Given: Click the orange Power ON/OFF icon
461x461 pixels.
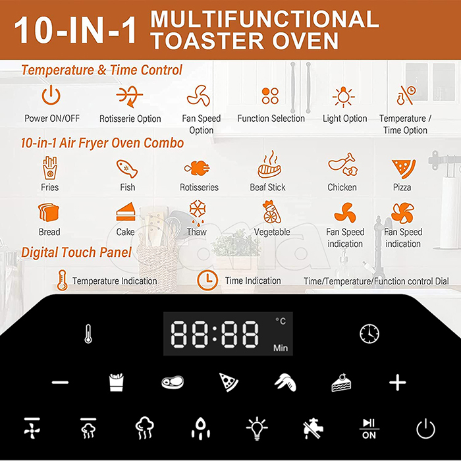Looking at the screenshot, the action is coord(51,95).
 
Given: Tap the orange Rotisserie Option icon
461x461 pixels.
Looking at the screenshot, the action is coord(129,96).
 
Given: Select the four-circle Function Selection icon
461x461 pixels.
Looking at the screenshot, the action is coord(270,95).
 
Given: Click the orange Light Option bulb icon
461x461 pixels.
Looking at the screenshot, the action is coord(343,97).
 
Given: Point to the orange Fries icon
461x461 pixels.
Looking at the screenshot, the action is coord(49,168).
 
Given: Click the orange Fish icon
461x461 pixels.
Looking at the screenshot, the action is coord(127,169).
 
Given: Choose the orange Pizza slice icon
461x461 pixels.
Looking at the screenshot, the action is coord(403,169).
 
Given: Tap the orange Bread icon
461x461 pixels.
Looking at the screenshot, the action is coord(49,212).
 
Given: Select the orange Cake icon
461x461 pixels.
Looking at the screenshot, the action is coord(126,211).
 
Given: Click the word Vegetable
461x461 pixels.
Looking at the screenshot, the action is coord(272,232).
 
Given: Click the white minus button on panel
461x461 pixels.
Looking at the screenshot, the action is coord(60,382).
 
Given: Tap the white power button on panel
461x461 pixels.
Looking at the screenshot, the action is coord(425,429).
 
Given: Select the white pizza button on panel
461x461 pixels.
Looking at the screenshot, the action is coord(229,382).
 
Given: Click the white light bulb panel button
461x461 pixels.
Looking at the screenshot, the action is coord(257,428).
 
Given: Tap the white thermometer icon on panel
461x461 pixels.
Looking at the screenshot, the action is coord(88,334).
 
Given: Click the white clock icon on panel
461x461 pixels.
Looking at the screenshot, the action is coord(369,334).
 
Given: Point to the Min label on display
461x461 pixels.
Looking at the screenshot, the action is coord(281,348).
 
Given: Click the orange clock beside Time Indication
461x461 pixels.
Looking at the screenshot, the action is coord(207,280).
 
